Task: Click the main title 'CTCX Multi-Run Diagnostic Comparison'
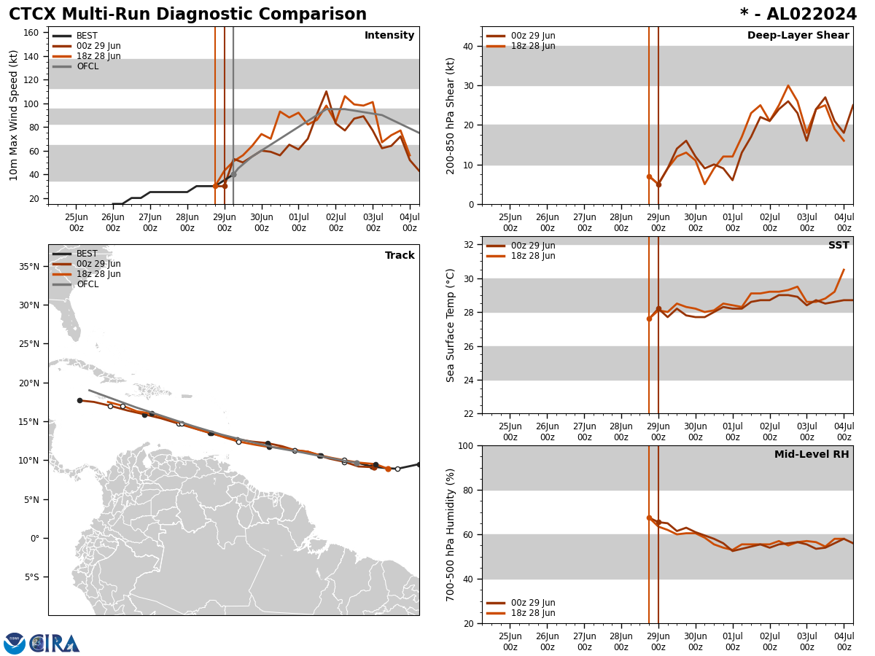(x=187, y=15)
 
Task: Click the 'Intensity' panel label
(x=389, y=36)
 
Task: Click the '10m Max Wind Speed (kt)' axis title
(x=14, y=115)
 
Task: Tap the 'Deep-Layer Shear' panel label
(x=798, y=36)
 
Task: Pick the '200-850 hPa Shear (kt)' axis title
(x=451, y=115)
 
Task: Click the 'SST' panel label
(x=839, y=246)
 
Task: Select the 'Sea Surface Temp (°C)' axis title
(x=451, y=325)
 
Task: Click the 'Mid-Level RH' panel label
(x=812, y=455)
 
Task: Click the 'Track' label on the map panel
(x=400, y=256)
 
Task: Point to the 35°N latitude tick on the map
(x=29, y=266)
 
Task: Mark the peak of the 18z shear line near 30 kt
(x=787, y=85)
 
